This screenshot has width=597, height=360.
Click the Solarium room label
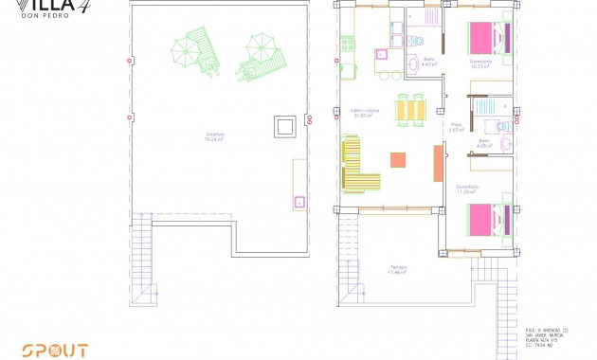pos(215,135)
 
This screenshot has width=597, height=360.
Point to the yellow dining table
pos(412,111)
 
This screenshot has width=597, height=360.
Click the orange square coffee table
pos(399,160)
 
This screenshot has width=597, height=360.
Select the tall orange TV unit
pos(438,162)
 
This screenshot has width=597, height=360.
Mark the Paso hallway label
pos(457,126)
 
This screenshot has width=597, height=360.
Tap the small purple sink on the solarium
pos(299,201)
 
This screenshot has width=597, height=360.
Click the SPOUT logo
pos(55,350)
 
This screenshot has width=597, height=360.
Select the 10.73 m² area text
pos(481,67)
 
